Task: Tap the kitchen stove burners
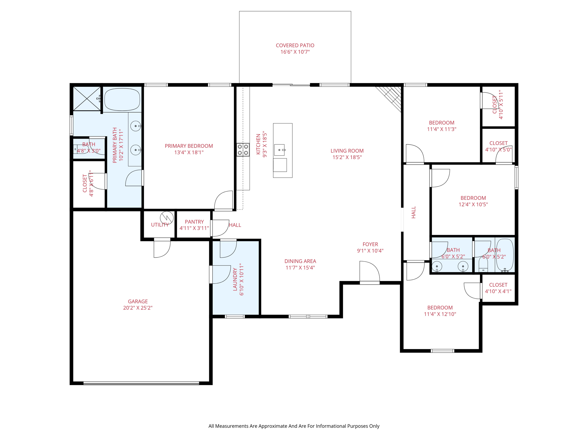(x=243, y=150)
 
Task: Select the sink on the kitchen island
(x=279, y=150)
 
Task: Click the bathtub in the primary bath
(x=122, y=99)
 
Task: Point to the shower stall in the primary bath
(x=87, y=98)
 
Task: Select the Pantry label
(x=194, y=222)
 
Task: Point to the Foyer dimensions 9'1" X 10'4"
(x=370, y=251)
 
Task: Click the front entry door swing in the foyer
(x=370, y=271)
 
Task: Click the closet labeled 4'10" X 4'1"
(x=498, y=288)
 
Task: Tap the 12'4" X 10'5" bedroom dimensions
(x=473, y=204)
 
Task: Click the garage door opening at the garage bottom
(x=141, y=383)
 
